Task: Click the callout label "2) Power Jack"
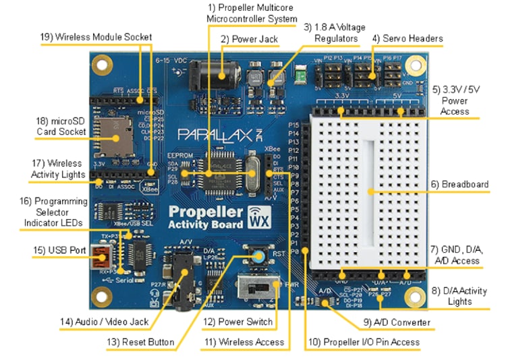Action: pos(249,40)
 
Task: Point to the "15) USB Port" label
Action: pos(59,250)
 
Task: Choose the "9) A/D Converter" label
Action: pos(397,322)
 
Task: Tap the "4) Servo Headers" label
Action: pos(407,38)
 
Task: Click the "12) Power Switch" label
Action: pos(237,322)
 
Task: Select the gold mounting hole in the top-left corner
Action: pos(103,66)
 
